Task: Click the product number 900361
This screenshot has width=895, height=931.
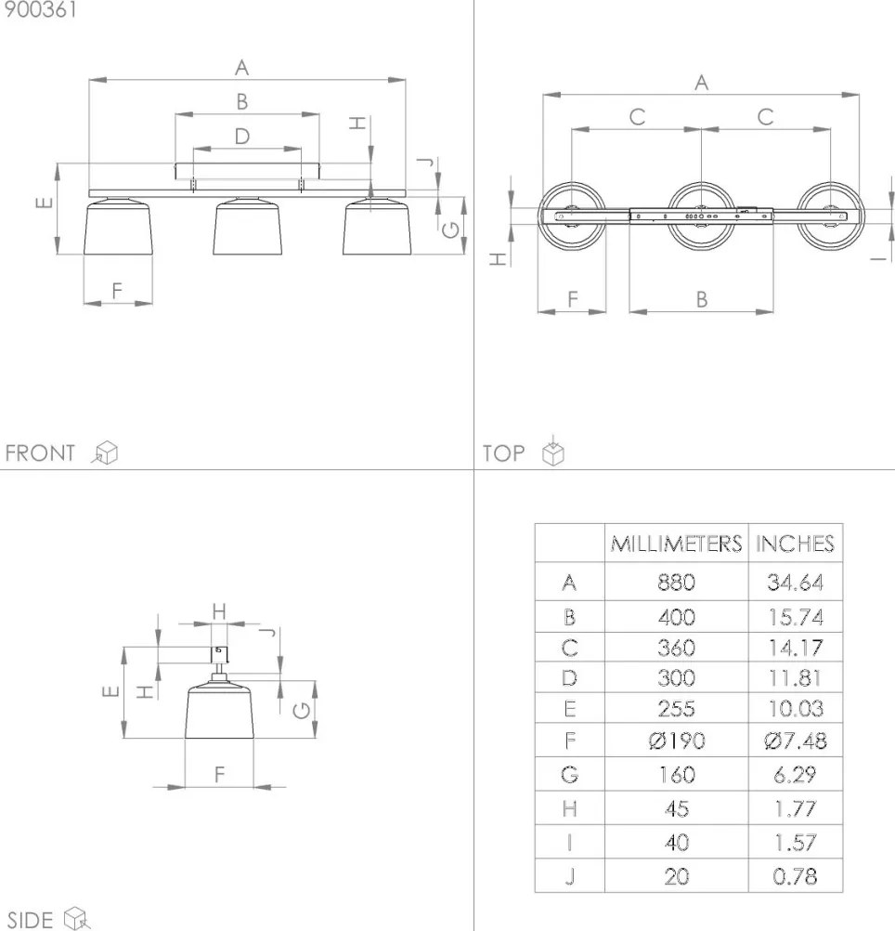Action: click(x=40, y=10)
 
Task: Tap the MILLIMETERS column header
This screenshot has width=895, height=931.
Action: click(x=676, y=544)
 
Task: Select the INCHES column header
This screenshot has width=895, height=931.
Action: click(x=795, y=544)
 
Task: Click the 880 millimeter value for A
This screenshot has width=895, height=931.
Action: click(x=676, y=583)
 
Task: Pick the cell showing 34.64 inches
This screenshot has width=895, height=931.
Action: click(x=796, y=583)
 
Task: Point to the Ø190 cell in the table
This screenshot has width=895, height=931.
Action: click(x=677, y=741)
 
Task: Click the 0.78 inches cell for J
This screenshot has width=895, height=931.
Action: click(x=796, y=876)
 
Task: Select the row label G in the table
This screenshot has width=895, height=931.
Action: click(x=569, y=774)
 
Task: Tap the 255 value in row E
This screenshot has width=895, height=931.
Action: click(x=676, y=708)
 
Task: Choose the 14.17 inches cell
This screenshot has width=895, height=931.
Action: click(x=796, y=648)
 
